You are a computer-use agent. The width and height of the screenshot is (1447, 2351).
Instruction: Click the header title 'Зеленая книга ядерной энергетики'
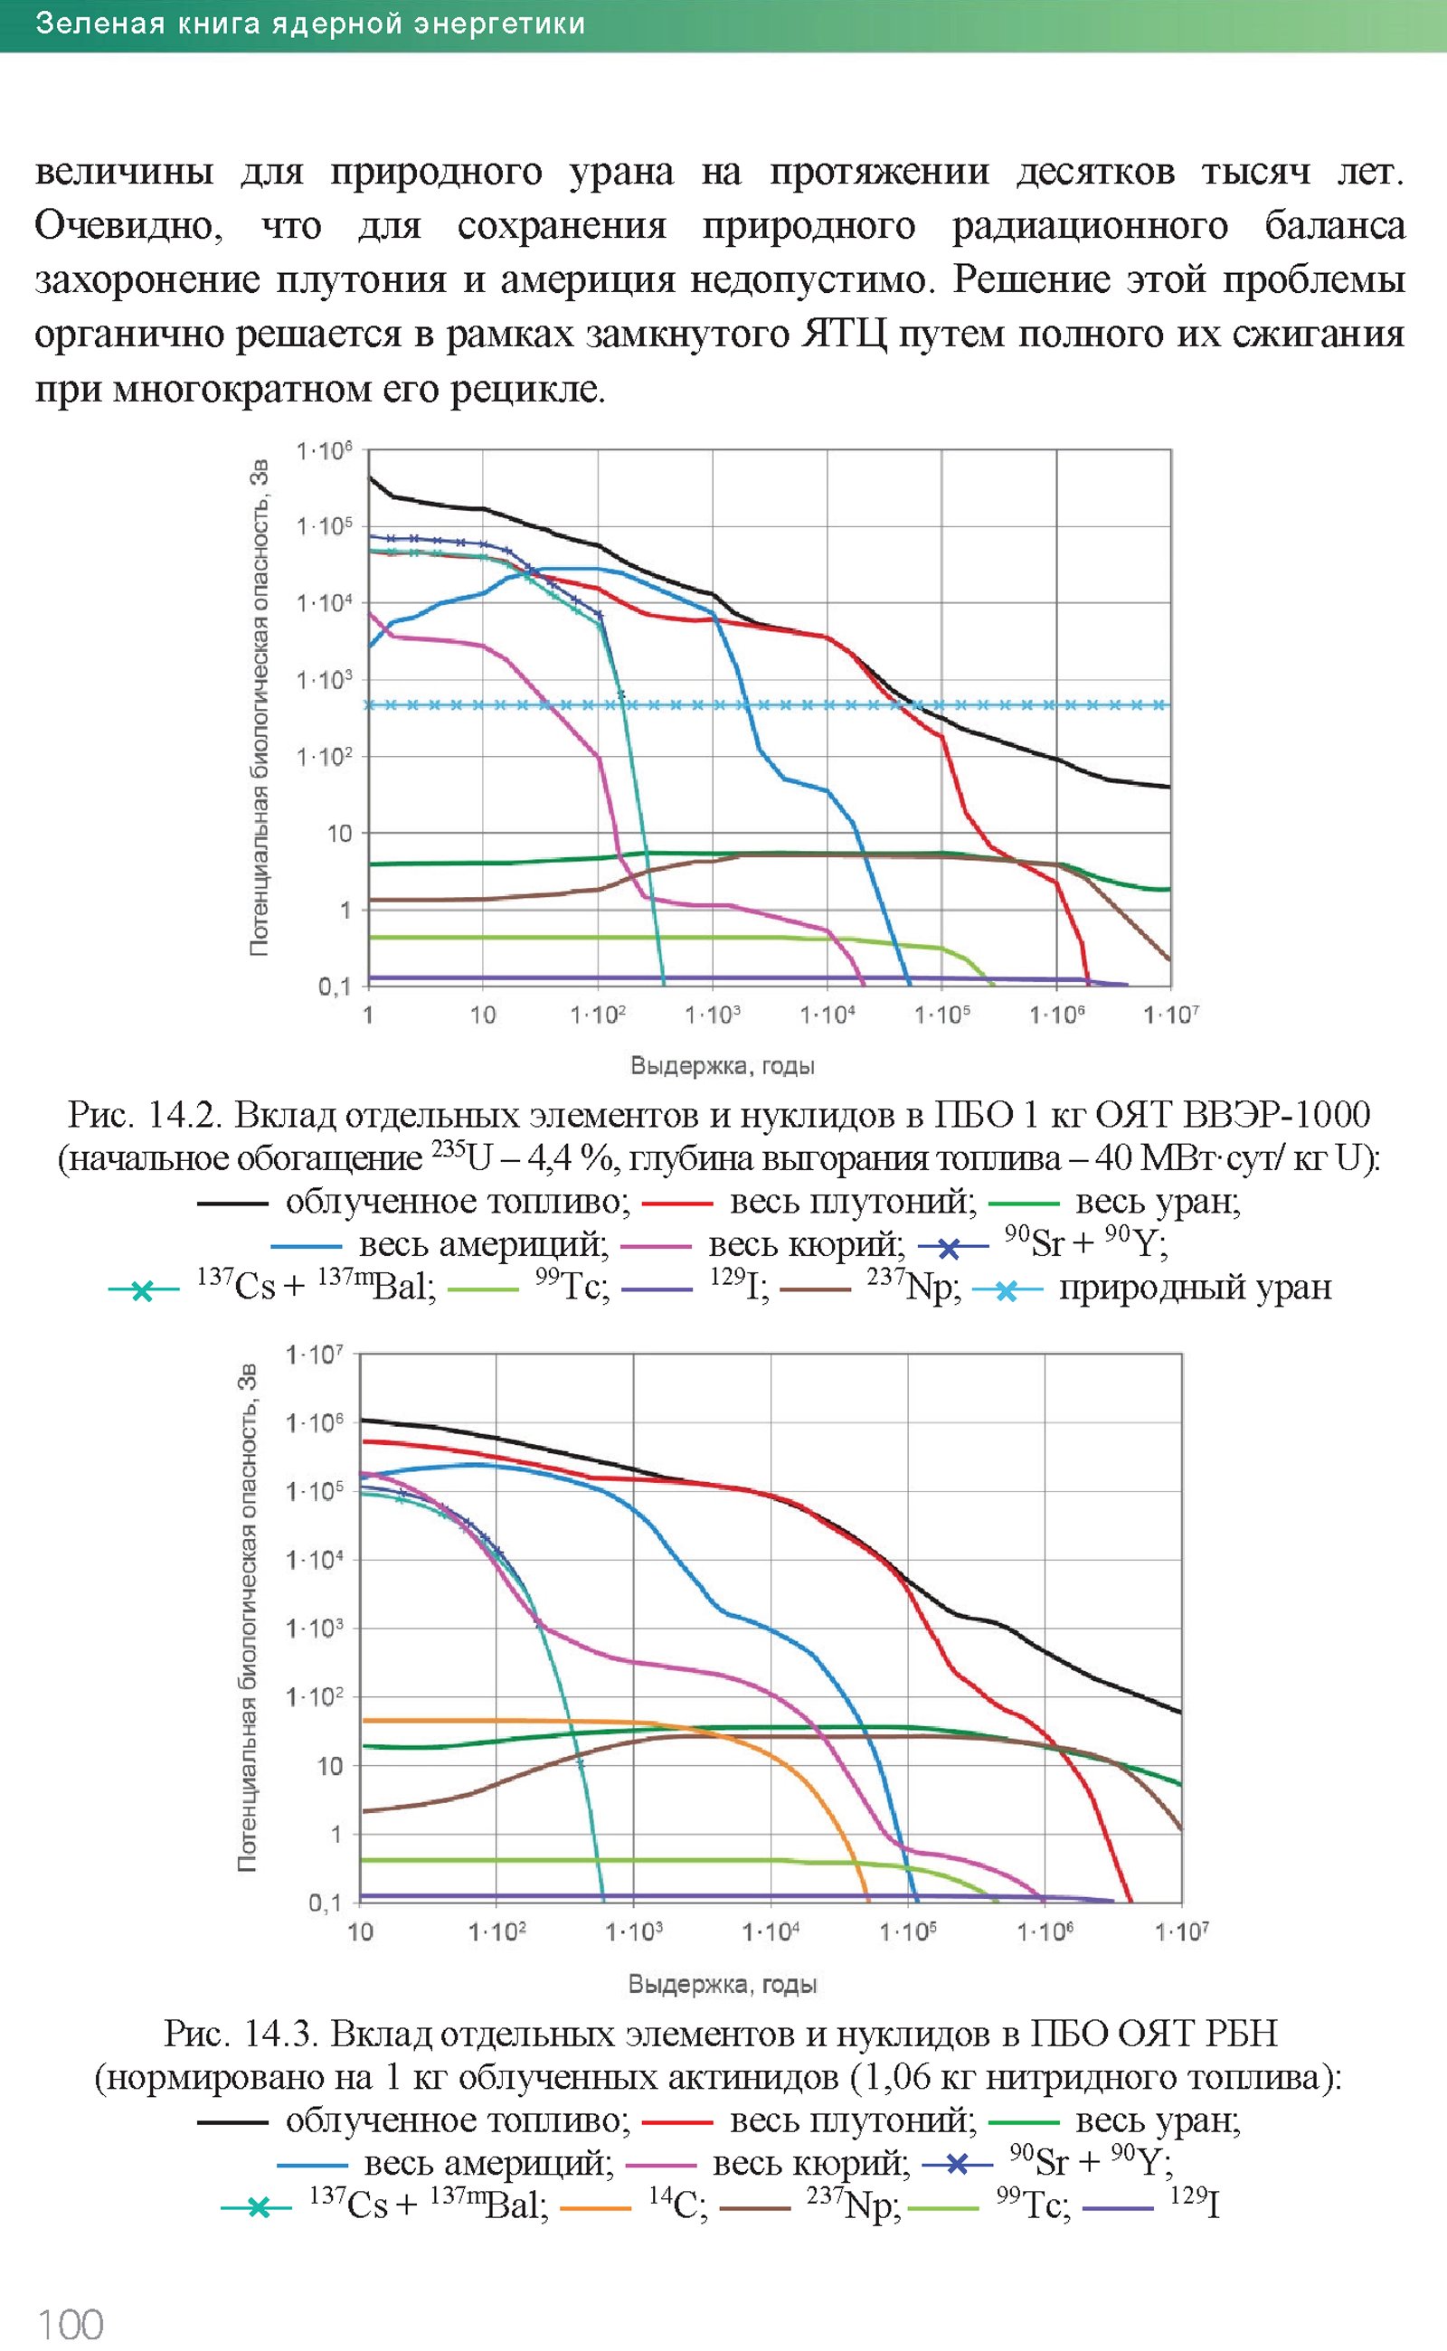tap(310, 24)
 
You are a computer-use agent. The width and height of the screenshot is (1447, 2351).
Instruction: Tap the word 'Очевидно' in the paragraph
tap(128, 227)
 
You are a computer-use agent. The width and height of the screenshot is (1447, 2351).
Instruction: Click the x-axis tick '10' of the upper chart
tap(482, 1015)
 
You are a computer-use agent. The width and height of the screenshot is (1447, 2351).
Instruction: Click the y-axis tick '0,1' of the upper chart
tap(335, 986)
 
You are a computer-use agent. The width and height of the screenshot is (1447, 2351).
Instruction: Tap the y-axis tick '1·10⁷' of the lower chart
tap(314, 1355)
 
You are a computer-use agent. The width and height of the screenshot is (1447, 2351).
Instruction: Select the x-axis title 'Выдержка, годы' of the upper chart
tap(723, 1066)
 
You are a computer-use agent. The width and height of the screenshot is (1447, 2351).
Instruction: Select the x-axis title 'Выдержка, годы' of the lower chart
tap(723, 1985)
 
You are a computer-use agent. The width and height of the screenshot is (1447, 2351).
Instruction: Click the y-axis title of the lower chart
tap(248, 1617)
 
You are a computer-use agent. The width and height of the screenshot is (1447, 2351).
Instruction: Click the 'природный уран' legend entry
tap(1195, 1288)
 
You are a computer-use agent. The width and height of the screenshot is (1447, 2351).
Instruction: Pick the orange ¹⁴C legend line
tap(595, 2208)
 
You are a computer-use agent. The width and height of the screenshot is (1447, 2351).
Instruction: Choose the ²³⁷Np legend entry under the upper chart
tap(913, 1288)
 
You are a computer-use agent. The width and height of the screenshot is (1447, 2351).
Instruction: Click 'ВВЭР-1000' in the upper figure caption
tap(1277, 1115)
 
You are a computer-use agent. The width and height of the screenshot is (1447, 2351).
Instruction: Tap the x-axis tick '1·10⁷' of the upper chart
tap(1170, 1015)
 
